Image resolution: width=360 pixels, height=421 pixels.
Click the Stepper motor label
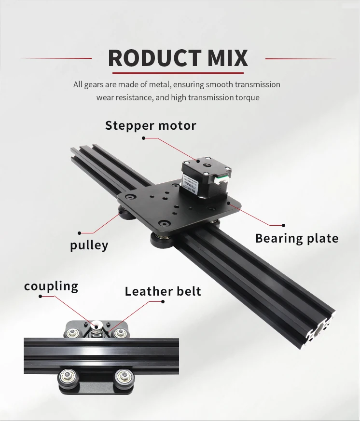[x=151, y=126]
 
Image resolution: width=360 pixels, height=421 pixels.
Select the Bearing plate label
[x=296, y=238]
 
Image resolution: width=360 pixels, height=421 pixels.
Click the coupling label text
[x=51, y=286]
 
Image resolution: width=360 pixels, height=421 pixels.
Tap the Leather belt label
[x=163, y=291]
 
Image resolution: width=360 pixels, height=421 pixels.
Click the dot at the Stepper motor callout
[x=143, y=138]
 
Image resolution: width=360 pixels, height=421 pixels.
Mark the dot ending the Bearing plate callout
[x=284, y=225]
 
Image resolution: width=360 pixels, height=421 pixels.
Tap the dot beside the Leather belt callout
[x=163, y=301]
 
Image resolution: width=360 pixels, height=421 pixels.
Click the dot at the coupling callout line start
[x=41, y=297]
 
